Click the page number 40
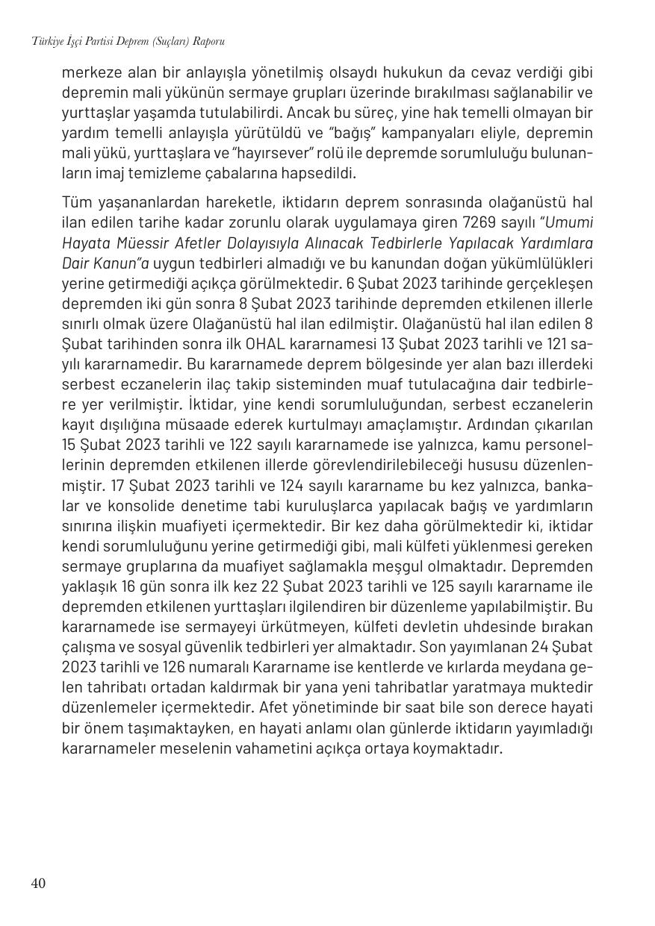(x=38, y=883)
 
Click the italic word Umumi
(x=569, y=222)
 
